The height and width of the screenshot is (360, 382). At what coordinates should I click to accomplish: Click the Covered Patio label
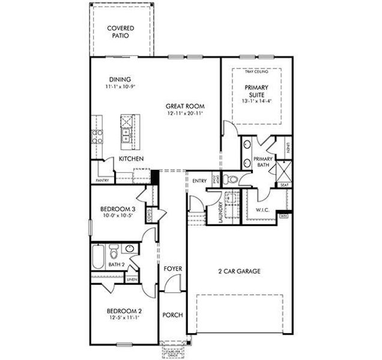coord(120,32)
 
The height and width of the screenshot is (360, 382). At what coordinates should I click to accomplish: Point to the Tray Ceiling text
coord(257,72)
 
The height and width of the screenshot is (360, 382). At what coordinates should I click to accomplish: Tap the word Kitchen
coord(130,159)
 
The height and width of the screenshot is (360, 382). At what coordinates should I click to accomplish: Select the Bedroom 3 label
coord(117,209)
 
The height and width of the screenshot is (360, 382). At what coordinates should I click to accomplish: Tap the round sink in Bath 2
coord(129,249)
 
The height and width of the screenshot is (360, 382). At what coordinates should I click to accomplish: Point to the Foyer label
coord(173,269)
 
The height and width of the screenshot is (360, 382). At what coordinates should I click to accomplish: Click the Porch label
coord(173,315)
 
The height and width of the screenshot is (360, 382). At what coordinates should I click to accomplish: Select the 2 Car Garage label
coord(239,271)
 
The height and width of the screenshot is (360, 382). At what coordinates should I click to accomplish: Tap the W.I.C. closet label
coord(262,210)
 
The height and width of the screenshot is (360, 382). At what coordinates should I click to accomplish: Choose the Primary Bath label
coord(264,161)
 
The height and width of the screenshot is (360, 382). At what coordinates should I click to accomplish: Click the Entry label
coord(199,181)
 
